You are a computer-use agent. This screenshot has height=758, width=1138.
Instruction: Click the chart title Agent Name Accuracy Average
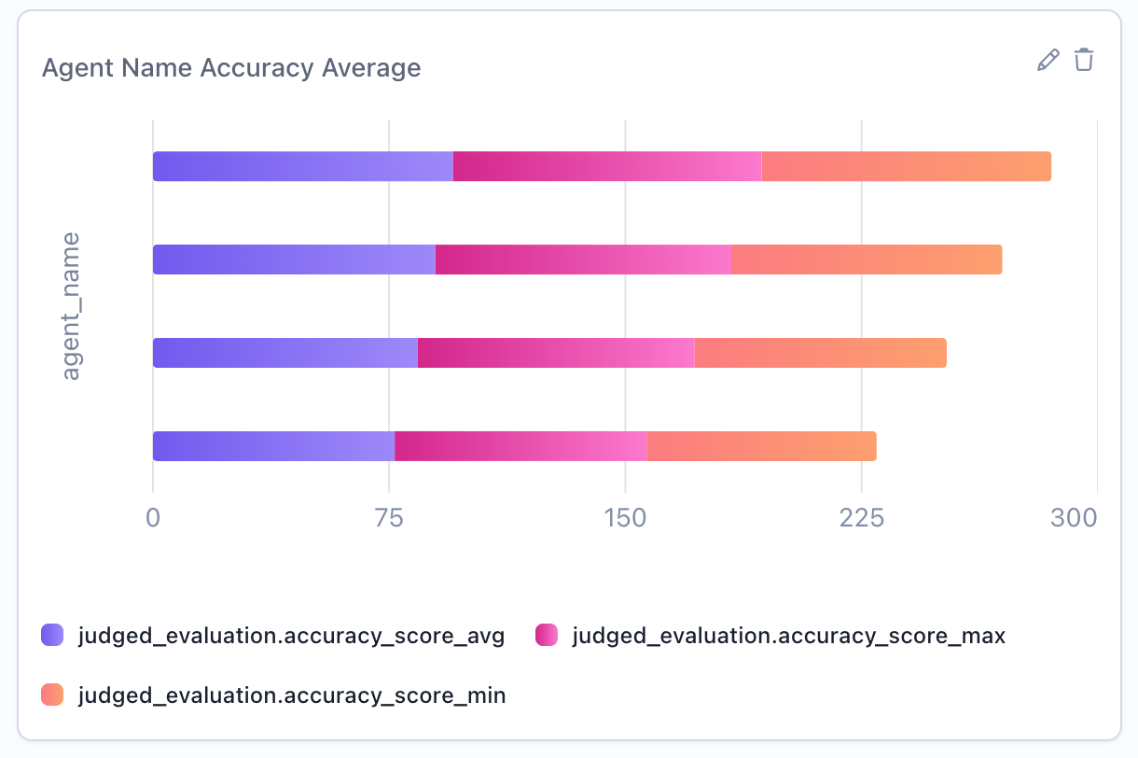(231, 68)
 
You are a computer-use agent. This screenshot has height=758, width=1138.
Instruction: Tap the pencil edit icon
(1048, 61)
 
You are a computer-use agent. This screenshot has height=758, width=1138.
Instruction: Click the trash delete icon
(1083, 61)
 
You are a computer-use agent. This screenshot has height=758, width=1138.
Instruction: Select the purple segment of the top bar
(302, 166)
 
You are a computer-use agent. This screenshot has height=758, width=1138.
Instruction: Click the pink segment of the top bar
(607, 166)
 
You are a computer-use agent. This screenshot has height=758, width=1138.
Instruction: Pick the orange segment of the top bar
(906, 166)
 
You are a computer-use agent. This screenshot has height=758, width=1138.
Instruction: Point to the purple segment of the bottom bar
(273, 446)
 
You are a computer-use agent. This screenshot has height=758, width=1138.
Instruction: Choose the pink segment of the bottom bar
(520, 446)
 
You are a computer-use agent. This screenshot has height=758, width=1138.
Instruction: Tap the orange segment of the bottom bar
(761, 446)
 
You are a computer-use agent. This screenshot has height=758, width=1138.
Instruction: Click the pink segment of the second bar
(583, 260)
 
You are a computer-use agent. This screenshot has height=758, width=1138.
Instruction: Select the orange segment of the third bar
(820, 353)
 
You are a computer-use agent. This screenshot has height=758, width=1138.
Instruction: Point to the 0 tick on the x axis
(153, 518)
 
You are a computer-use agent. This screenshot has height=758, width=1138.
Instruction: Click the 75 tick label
(389, 518)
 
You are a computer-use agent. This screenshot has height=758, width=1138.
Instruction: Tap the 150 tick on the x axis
(625, 518)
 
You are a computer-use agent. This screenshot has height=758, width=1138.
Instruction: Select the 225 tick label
(861, 518)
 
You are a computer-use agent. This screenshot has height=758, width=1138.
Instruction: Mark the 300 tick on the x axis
(1074, 518)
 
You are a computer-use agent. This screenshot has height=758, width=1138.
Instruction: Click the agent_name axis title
(71, 306)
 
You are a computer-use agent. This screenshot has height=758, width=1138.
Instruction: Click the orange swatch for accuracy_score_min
(52, 695)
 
